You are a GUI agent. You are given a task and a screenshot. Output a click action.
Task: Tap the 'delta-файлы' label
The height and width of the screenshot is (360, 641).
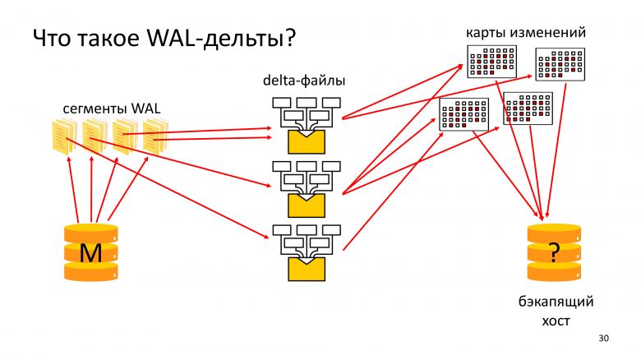point(303,81)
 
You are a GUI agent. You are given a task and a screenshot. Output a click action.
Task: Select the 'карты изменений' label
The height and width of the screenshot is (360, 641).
point(526,33)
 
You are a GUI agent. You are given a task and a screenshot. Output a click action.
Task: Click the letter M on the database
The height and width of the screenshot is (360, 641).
point(90,256)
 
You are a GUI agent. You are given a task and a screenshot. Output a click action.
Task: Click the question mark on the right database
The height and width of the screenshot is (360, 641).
point(554,254)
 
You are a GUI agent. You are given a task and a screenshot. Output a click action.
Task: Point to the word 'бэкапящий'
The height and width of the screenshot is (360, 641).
point(556,302)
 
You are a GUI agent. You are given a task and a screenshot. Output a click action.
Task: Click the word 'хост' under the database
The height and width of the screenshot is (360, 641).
point(556,321)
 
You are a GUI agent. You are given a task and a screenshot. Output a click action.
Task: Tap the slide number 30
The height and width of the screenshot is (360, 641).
point(604,339)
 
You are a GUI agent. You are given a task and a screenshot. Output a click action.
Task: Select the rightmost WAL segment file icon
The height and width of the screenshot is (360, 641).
point(154,136)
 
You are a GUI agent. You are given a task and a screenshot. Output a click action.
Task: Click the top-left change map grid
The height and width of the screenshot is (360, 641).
point(491,61)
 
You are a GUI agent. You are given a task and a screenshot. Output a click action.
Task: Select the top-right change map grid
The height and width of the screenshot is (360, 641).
point(560,63)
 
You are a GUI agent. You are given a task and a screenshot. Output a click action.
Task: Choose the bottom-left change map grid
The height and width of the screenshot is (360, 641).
point(464,113)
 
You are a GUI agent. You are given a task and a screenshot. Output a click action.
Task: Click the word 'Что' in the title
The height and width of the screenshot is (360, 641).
point(51,39)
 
